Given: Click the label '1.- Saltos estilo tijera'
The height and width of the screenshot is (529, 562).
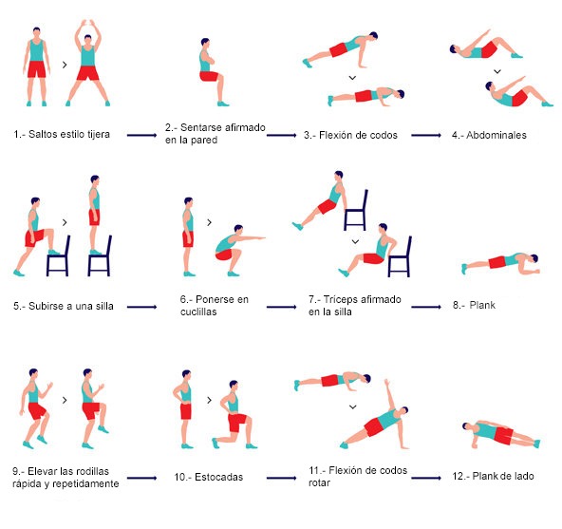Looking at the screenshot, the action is point(62,134).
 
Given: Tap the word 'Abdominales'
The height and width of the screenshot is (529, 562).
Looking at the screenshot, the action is point(496,135).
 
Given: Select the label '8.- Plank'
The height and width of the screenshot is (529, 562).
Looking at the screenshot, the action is point(474,305).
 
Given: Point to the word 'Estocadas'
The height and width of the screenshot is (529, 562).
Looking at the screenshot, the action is point(219,477).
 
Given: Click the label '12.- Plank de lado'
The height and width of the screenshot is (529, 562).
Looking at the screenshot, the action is point(494,476).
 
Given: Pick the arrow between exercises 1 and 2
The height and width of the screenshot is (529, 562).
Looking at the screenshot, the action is point(142,135).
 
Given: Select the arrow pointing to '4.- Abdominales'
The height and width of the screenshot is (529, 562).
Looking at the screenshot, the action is point(426,135).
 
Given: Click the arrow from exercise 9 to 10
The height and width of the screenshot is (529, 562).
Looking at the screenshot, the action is point(142,478).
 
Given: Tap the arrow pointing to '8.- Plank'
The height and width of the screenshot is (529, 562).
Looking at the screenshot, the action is point(426,307).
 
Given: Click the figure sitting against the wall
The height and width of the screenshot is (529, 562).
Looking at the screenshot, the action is point(212,72).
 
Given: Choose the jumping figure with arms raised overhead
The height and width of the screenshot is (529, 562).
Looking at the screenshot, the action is point(87,63).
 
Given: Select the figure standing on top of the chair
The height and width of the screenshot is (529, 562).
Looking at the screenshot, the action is point(95,215).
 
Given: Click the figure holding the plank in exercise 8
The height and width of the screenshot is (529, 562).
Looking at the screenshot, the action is point(500,262).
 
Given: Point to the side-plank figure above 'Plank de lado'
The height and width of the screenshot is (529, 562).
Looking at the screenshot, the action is point(501,434).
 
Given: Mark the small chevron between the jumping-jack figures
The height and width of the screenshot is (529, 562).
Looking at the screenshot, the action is point(65,65).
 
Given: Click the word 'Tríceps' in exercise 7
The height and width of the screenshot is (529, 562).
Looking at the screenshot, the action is point(340,299).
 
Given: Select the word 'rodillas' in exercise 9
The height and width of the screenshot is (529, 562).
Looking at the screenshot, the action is point(92,471).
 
